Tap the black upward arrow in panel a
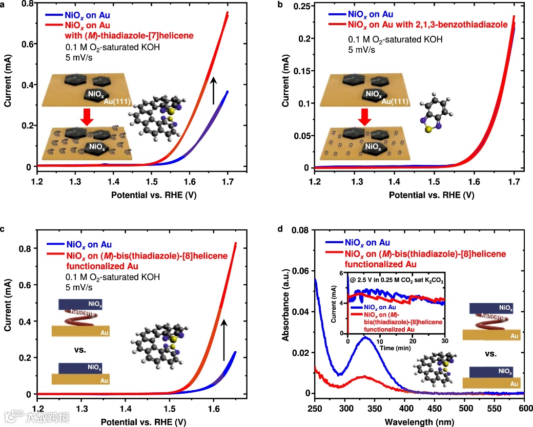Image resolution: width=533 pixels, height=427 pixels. pyautogui.click(x=214, y=89)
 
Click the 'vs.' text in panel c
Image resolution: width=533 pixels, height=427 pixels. pyautogui.click(x=79, y=350)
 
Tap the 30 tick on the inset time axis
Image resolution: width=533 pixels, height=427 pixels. pyautogui.click(x=444, y=341)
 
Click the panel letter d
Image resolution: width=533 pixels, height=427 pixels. pyautogui.click(x=280, y=228)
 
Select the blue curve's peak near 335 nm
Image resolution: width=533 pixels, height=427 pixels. pyautogui.click(x=365, y=337)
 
